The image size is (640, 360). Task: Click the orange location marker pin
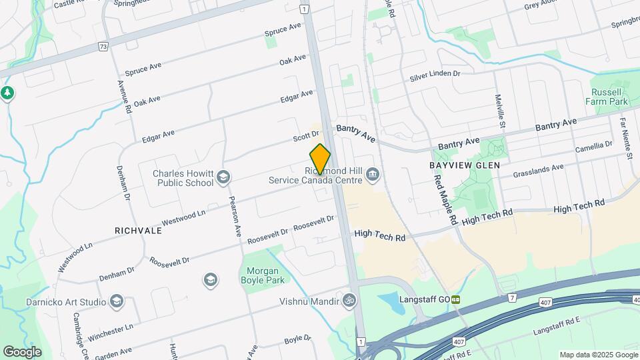coord(321,159)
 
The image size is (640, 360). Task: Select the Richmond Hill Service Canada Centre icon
coord(373,175)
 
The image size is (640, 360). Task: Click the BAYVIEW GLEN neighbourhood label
coord(465,163)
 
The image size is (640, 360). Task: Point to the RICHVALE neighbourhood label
coord(139,231)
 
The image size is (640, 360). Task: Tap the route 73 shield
coord(102,47)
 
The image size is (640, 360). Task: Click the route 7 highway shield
coord(511,297)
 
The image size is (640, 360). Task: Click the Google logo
coord(22,351)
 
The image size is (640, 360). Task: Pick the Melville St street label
coord(501,110)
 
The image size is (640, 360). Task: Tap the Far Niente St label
coord(626,139)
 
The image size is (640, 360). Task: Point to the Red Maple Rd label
coord(445,199)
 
